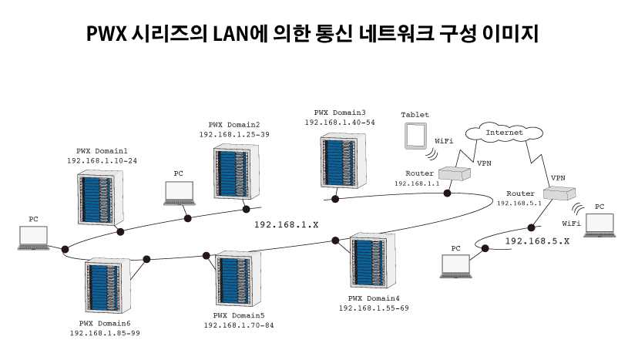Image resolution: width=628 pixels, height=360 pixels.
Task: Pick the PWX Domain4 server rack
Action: (x=374, y=261)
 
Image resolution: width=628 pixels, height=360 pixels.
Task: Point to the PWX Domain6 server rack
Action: (x=108, y=284)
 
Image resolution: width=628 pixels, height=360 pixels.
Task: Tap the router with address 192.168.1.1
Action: (x=455, y=174)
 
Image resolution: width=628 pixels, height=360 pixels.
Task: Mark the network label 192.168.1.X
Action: (x=286, y=224)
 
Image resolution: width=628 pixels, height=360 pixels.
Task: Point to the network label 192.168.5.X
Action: (x=537, y=241)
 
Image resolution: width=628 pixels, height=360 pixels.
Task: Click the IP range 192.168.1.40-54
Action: (x=340, y=123)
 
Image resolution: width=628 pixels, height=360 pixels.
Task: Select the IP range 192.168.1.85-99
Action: (x=105, y=333)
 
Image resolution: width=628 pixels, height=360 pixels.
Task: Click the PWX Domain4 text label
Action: (x=374, y=298)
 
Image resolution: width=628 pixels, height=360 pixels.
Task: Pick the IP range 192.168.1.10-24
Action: (x=102, y=160)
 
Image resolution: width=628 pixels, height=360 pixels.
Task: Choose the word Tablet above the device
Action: (x=415, y=115)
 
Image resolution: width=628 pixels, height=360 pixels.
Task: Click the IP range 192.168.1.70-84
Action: (x=239, y=325)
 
